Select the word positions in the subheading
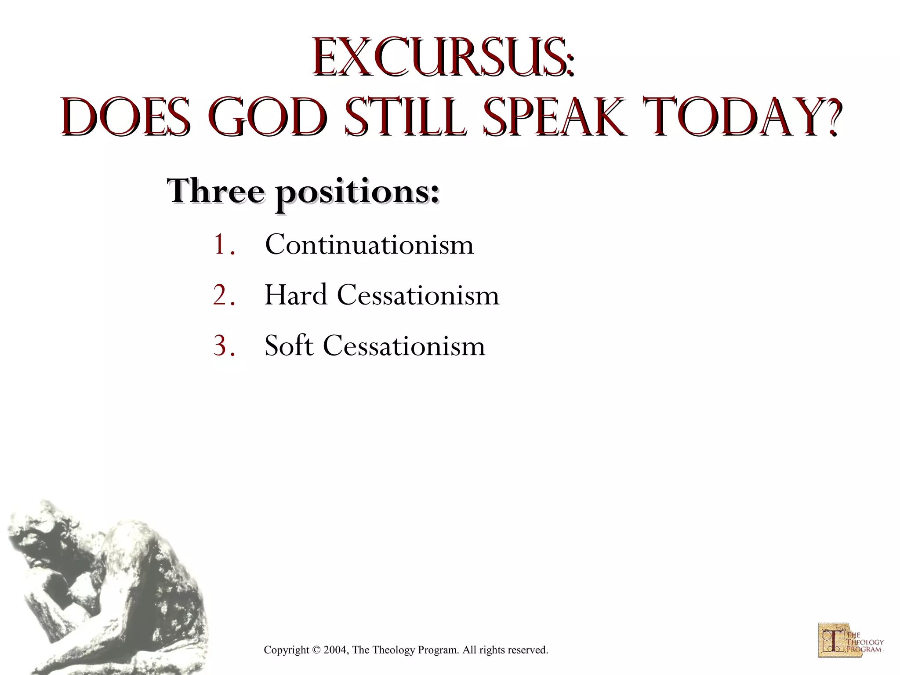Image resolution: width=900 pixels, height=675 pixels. point(356,193)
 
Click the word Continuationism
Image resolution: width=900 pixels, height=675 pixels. point(369,244)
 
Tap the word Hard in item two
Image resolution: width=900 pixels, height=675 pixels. point(295,295)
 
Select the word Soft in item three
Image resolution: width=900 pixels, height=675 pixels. point(289,346)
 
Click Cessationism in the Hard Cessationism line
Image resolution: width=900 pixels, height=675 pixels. point(418,295)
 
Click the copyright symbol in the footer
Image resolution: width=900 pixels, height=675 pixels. point(316,650)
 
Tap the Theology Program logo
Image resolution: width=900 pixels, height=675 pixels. point(850,640)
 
